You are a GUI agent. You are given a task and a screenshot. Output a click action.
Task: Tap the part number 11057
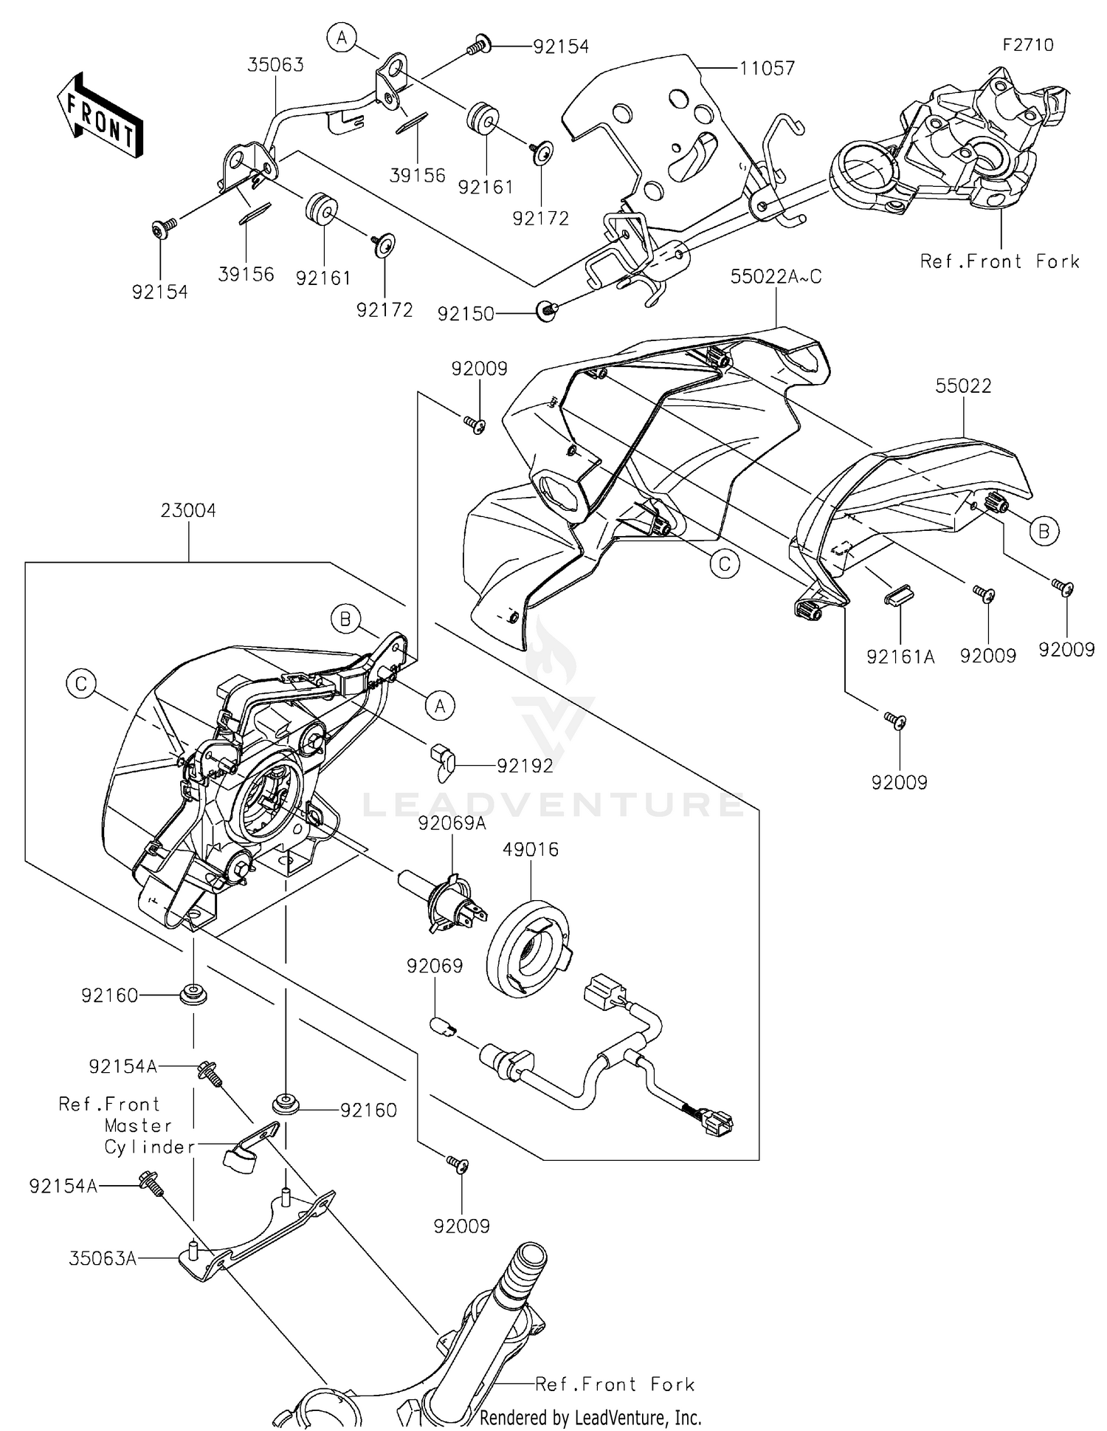768,69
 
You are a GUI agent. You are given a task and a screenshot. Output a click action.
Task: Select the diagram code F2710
1027,45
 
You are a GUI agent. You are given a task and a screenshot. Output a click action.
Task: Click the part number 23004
189,510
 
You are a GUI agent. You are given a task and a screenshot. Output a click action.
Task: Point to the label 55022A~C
776,277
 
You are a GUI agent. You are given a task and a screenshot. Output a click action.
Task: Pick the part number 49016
531,849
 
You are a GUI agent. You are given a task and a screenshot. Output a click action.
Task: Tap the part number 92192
525,766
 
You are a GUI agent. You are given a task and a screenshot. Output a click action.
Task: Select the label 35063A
103,1258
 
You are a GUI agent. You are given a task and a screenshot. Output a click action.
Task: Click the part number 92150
466,314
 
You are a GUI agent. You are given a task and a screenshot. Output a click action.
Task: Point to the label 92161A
900,656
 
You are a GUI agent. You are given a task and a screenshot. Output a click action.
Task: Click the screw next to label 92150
546,310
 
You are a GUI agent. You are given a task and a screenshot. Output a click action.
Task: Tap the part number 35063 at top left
275,65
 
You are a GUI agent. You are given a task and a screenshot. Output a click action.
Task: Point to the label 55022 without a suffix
963,385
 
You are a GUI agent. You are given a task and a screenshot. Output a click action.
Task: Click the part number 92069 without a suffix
435,966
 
